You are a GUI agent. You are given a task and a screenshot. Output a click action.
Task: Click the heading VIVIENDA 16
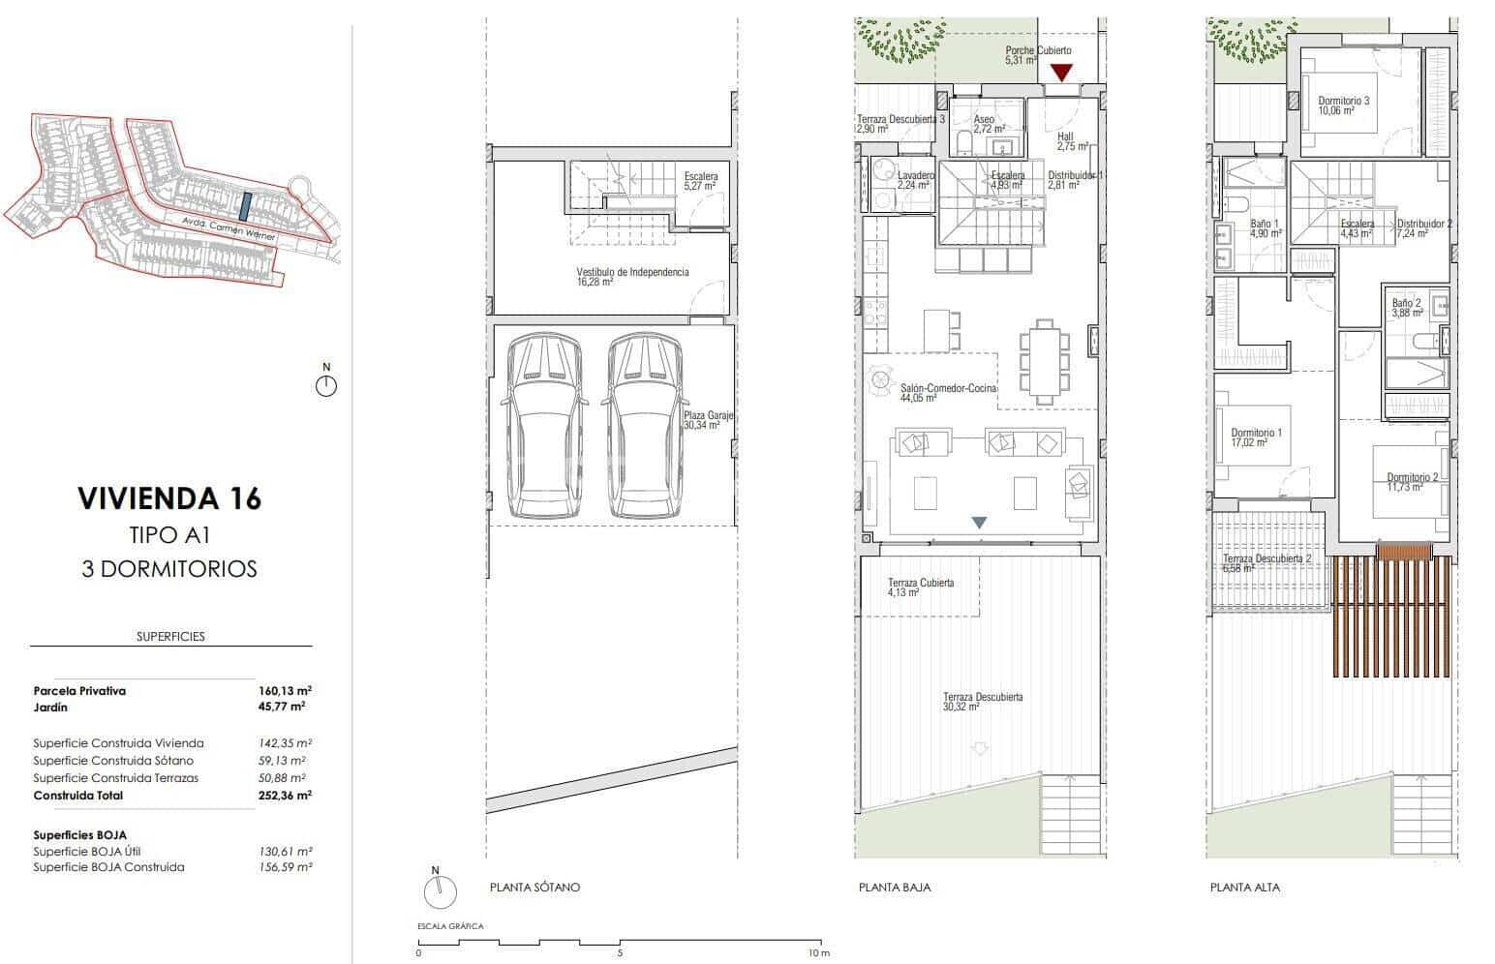pyautogui.click(x=168, y=498)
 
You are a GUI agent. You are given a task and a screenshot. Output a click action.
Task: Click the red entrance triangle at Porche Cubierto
pyautogui.click(x=1062, y=72)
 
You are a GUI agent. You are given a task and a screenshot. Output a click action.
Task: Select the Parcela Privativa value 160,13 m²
pyautogui.click(x=285, y=691)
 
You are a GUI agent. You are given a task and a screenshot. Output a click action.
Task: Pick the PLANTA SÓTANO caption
pyautogui.click(x=534, y=887)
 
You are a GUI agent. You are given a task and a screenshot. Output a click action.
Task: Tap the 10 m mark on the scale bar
pyautogui.click(x=819, y=953)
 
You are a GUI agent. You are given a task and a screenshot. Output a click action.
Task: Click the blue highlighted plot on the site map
pyautogui.click(x=246, y=206)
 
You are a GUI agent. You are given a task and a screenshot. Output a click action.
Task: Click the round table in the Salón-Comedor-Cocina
pyautogui.click(x=880, y=379)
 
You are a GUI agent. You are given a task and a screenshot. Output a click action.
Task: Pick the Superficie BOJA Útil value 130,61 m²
pyautogui.click(x=285, y=852)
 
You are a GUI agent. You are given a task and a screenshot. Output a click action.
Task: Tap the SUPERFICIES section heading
pyautogui.click(x=170, y=637)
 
